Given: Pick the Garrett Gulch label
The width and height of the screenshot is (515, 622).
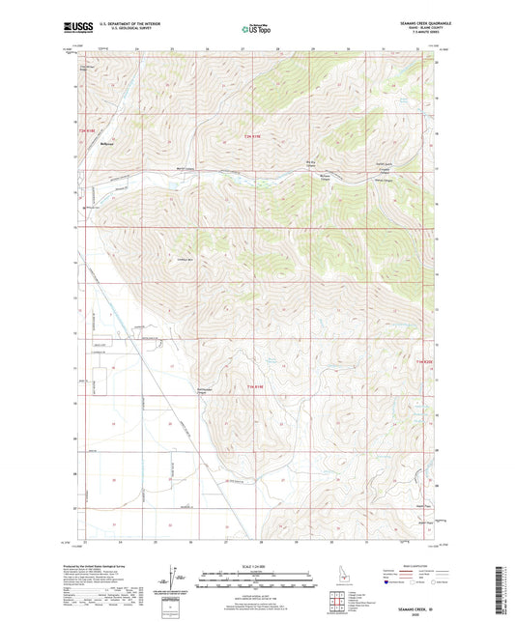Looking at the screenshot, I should click(x=383, y=164).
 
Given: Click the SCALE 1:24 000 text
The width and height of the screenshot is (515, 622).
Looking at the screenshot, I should click(x=257, y=565).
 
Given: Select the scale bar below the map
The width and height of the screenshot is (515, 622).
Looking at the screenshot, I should click(x=257, y=581).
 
